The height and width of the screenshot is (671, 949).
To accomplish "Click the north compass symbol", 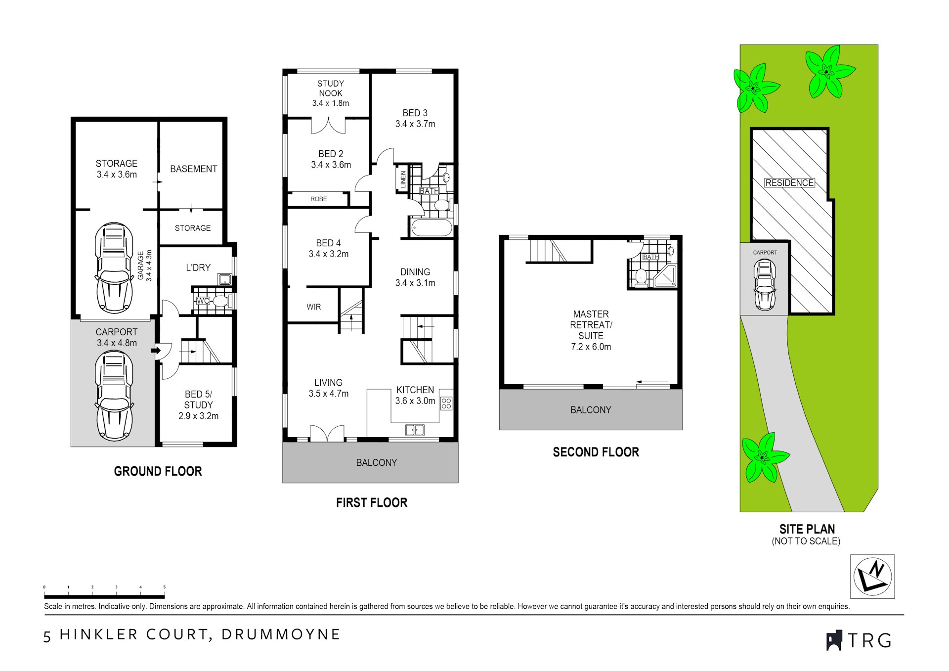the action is pos(872,576).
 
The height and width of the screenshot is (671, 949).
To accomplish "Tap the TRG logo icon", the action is pos(834,640).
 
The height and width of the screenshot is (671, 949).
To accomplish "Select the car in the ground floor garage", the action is pos(114,268).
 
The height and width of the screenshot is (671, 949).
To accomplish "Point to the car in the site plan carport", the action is pos(765,285).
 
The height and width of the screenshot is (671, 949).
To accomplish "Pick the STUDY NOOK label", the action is pos(331,89).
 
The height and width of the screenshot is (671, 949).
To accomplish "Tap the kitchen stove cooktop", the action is pos(446,403).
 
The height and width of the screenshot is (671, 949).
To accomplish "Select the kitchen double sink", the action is pos(415,430).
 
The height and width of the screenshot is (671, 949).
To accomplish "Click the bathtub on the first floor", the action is pos(431,228).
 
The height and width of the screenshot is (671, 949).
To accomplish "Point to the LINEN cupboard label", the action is pos(403,179).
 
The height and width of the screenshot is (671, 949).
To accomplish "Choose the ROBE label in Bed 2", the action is pos(319,199).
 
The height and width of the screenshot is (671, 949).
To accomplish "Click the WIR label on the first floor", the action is pos(314,307).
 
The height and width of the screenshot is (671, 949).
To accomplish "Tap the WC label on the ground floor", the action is pos(203,301).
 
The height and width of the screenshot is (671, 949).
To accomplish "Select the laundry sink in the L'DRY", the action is pos(224,279).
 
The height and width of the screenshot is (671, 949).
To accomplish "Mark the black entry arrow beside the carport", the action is pos(156,351).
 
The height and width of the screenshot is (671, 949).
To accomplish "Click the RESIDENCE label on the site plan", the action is pos(789,183).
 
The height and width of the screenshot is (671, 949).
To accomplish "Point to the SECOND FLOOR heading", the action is pos(596,452).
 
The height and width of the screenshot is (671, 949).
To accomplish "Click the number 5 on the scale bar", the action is pos(165,587).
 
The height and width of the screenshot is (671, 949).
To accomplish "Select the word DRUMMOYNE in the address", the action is pos(281,634).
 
